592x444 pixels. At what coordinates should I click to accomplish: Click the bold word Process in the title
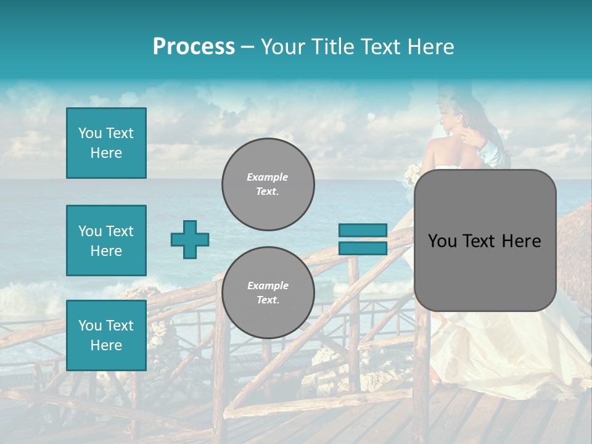pyautogui.click(x=194, y=46)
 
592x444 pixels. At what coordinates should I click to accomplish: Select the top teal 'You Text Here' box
pyautogui.click(x=106, y=143)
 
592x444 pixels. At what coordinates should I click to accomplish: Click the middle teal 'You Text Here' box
pyautogui.click(x=106, y=240)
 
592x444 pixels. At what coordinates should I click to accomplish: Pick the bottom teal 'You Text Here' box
pyautogui.click(x=106, y=335)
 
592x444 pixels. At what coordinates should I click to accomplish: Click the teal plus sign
pyautogui.click(x=190, y=239)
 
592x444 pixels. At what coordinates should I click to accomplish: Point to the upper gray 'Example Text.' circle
pyautogui.click(x=268, y=184)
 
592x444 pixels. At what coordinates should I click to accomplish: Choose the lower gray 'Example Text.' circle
pyautogui.click(x=268, y=293)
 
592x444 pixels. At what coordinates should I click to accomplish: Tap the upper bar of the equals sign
pyautogui.click(x=363, y=231)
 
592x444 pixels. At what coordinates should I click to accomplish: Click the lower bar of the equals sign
pyautogui.click(x=363, y=248)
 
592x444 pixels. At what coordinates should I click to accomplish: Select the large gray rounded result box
pyautogui.click(x=485, y=240)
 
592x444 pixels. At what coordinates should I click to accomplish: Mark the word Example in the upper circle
pyautogui.click(x=268, y=177)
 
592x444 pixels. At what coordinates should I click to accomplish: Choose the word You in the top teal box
pyautogui.click(x=90, y=133)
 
